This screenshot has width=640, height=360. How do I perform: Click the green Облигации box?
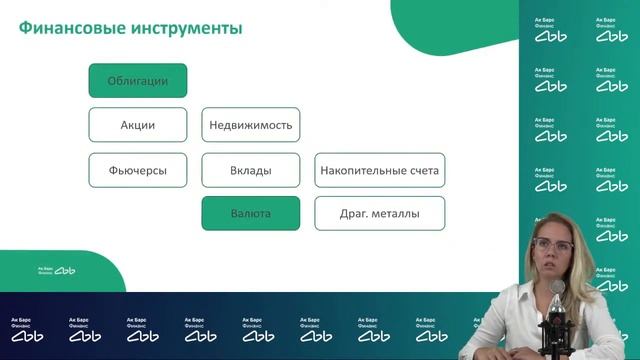pos(138,81)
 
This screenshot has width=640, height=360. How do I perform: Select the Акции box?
pos(138,126)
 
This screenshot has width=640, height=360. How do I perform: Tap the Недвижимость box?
pos(251,126)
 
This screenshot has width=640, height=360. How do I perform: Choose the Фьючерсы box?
pos(138,171)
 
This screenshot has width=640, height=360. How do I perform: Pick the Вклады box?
pos(251,171)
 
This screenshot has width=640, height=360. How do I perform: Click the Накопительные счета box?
pos(379,171)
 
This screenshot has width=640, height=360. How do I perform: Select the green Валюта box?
pos(251,214)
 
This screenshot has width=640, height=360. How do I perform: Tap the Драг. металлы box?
pos(379,214)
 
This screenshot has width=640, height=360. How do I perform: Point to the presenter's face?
pos(552,261)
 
